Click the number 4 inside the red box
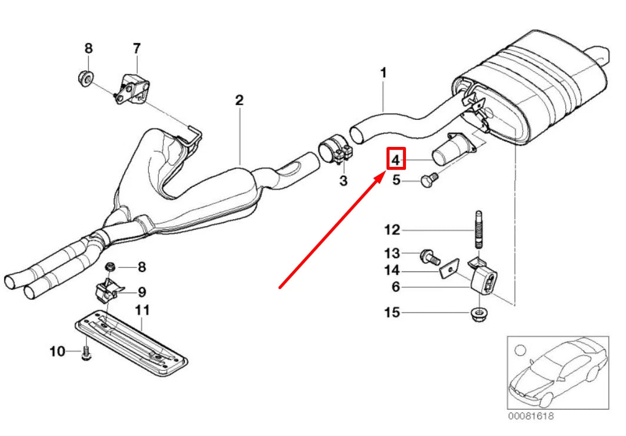click(395, 160)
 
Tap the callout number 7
click(136, 49)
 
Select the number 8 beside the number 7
click(89, 48)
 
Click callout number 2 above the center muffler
click(239, 100)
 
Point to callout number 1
click(383, 73)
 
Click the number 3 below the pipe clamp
click(344, 181)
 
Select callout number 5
click(396, 180)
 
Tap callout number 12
click(392, 230)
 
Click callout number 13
click(392, 253)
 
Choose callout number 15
click(392, 313)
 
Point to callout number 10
click(57, 351)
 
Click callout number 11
click(142, 310)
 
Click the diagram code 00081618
click(531, 416)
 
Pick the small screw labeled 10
click(86, 353)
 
